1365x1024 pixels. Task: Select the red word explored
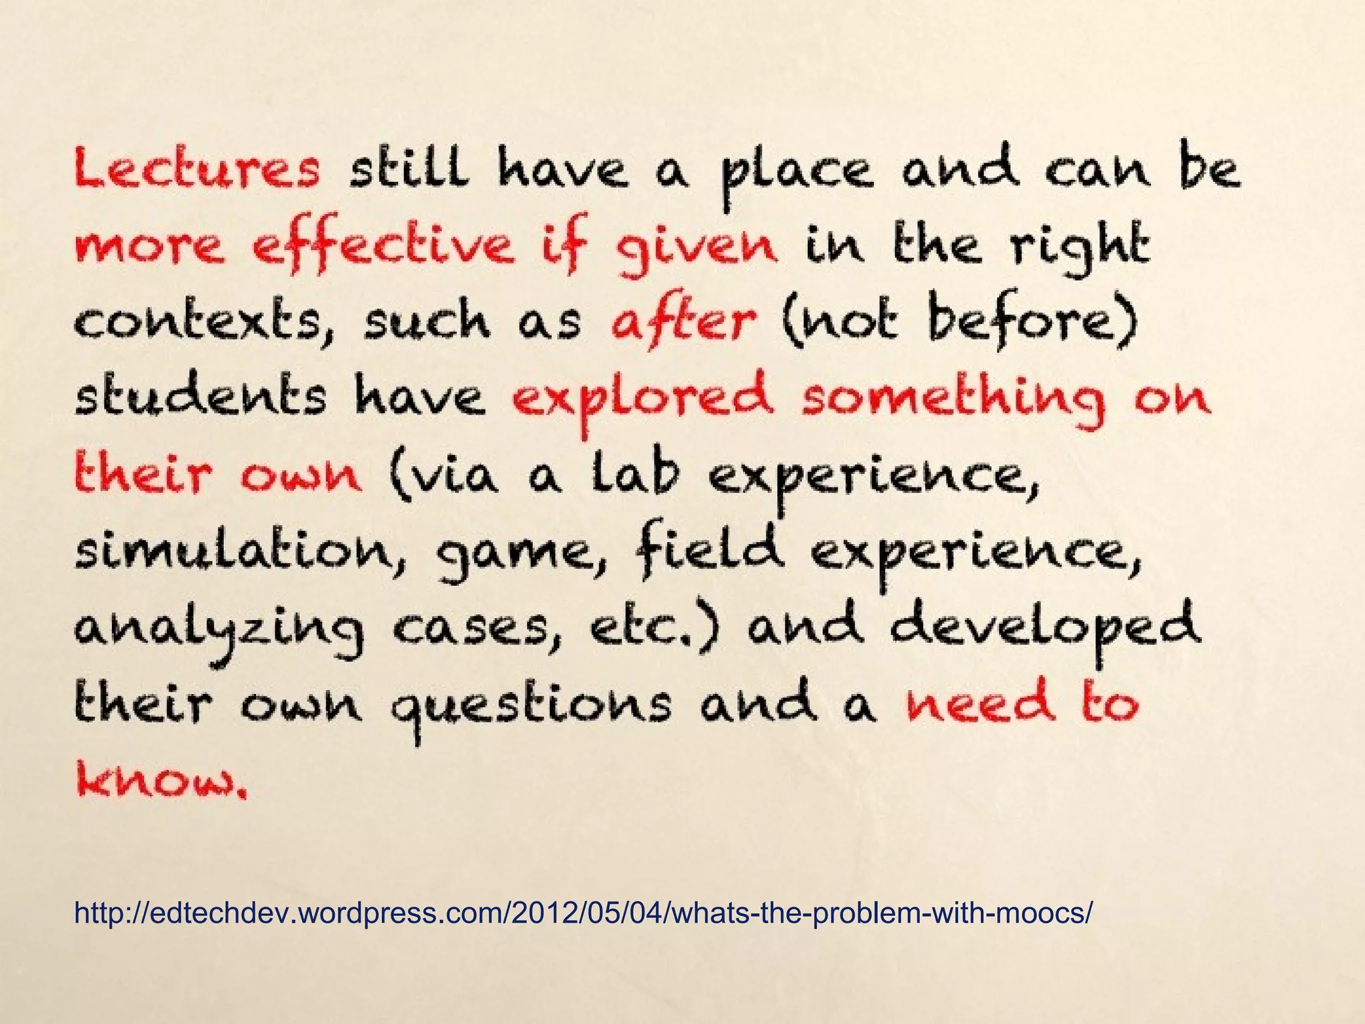[643, 400]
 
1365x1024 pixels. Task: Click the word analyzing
[220, 630]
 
